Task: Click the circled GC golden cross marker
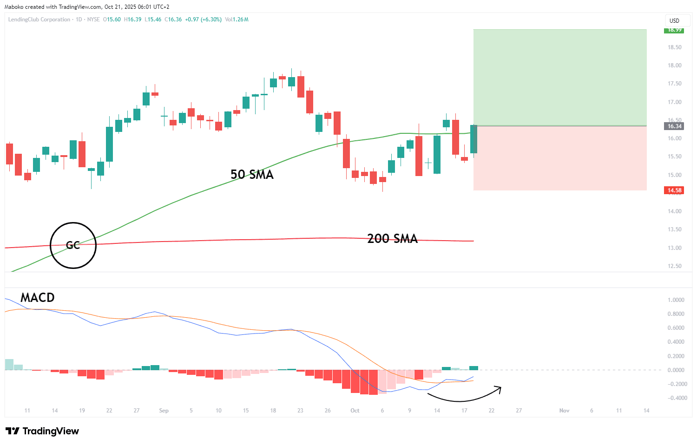[x=73, y=245]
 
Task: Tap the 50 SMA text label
[x=252, y=175]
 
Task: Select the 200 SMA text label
[x=392, y=239]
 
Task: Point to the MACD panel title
[x=37, y=297]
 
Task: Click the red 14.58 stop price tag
[x=674, y=190]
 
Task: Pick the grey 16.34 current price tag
[x=674, y=126]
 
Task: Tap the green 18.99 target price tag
[x=674, y=30]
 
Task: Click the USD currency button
[x=674, y=21]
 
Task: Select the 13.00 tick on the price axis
[x=674, y=248]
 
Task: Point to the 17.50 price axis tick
[x=674, y=84]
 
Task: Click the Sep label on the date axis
[x=164, y=411]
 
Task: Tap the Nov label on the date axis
[x=564, y=411]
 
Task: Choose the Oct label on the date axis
[x=355, y=411]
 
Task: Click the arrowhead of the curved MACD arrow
[x=500, y=388]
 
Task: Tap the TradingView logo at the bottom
[x=42, y=431]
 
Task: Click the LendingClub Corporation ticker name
[x=39, y=20]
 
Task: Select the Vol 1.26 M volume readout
[x=237, y=20]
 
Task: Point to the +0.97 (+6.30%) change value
[x=203, y=20]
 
